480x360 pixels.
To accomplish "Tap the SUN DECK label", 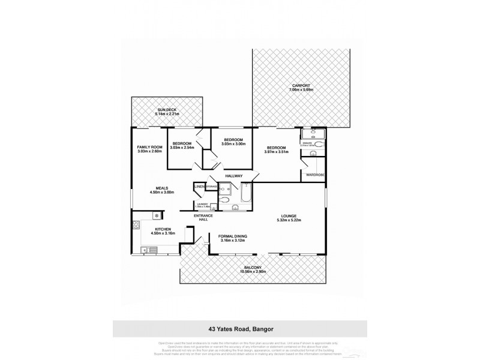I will point(167,110).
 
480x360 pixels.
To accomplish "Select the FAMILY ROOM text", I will point(150,147).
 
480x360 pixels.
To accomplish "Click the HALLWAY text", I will point(233,176).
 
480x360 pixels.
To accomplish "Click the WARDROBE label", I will point(315,175).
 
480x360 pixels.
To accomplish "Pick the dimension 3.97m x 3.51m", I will point(276,151).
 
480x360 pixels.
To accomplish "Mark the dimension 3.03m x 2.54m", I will point(182,147).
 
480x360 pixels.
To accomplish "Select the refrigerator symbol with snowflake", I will point(156,215).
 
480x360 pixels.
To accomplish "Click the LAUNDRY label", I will point(203,204).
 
